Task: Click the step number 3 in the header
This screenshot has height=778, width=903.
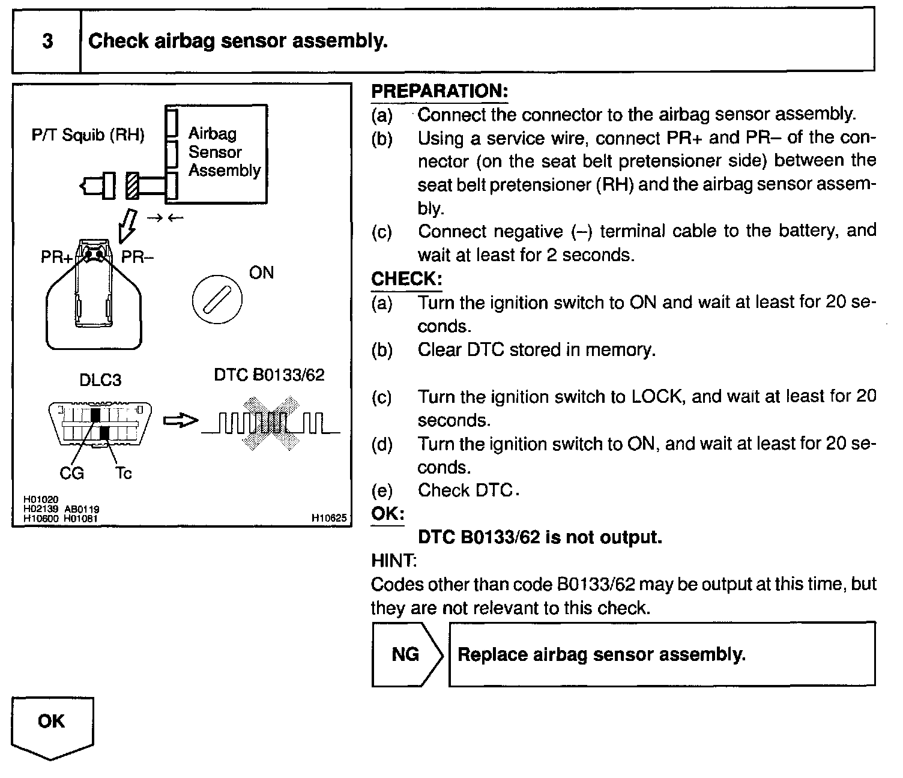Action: (47, 41)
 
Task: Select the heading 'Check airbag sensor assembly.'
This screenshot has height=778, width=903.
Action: (238, 41)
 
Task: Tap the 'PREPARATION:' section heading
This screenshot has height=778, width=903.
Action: (440, 91)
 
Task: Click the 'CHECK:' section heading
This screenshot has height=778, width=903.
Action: (406, 279)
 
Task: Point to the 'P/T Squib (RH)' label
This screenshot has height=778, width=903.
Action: (88, 135)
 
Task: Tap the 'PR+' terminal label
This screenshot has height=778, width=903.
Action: (56, 257)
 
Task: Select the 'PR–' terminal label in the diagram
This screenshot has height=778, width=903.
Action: (137, 257)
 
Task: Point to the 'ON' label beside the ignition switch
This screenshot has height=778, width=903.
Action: (261, 273)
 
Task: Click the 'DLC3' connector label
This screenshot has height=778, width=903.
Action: (100, 380)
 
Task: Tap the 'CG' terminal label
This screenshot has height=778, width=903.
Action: (71, 473)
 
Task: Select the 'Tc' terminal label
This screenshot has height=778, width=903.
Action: (124, 473)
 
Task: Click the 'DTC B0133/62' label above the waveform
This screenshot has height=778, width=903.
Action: (269, 375)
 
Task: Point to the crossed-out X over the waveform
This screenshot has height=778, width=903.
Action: (271, 423)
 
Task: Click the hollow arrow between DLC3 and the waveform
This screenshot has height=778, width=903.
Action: (181, 421)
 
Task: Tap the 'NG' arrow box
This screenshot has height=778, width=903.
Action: (407, 654)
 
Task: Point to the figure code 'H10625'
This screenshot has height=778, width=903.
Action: (329, 518)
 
